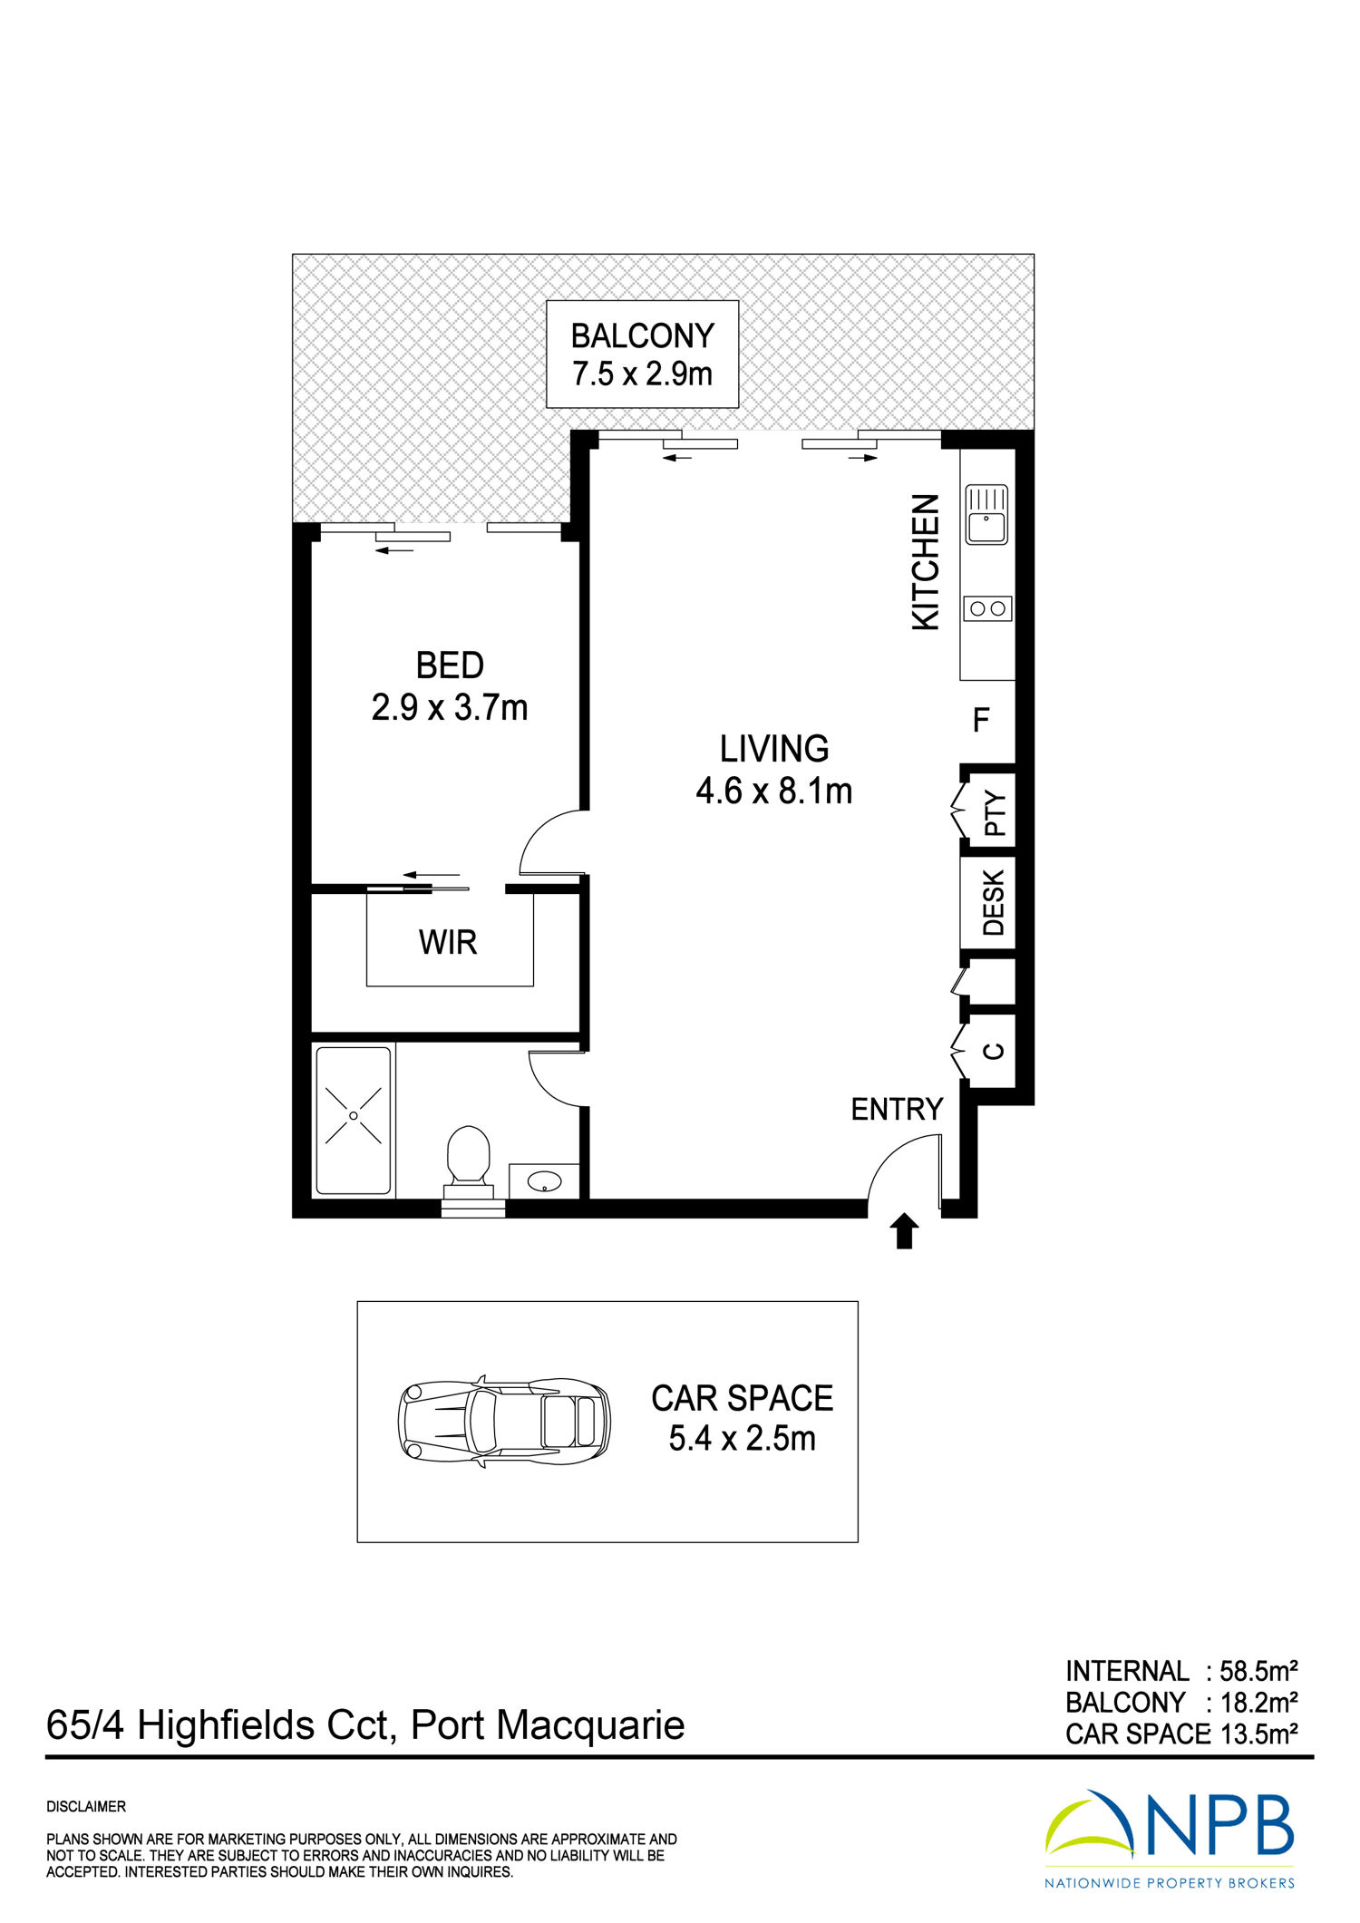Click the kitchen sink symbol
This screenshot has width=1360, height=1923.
tap(987, 514)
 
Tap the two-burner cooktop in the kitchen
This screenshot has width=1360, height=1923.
tap(987, 608)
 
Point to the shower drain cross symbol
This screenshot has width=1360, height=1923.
tap(353, 1114)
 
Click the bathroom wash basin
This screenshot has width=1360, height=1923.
tap(544, 1181)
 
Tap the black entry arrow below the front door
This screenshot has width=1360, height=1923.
tap(904, 1232)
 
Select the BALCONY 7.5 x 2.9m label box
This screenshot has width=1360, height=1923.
tap(642, 354)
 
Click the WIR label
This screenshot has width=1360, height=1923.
tap(448, 943)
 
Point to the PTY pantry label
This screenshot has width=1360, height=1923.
tap(995, 813)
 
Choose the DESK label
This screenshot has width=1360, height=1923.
tap(994, 903)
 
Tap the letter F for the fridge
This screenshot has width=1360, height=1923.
tap(981, 721)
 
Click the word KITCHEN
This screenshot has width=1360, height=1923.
tap(926, 562)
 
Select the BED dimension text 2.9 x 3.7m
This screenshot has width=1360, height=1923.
tap(450, 707)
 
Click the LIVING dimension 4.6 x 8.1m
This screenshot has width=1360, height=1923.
tap(774, 792)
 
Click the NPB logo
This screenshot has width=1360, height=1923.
tap(1170, 1840)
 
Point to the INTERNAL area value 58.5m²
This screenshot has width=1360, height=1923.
tap(1259, 1671)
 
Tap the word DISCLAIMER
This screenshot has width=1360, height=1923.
tap(86, 1807)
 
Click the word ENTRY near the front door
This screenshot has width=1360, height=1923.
tap(897, 1110)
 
